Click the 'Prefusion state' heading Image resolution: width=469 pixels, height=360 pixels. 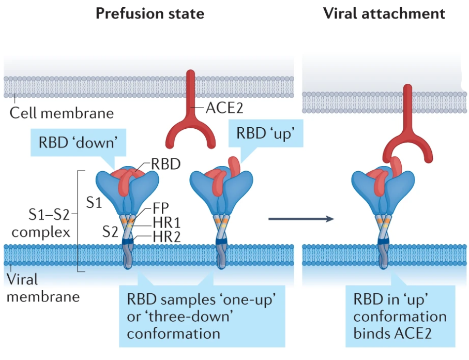tap(149, 13)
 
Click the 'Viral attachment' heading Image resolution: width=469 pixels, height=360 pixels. tap(384, 13)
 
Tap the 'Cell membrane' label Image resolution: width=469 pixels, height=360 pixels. tap(62, 112)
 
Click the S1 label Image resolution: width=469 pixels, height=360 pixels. tap(94, 203)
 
